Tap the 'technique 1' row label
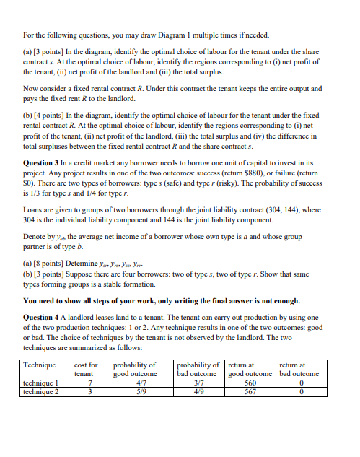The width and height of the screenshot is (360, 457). coord(42,383)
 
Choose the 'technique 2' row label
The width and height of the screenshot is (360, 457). coord(42,392)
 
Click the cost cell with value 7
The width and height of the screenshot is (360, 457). coord(87,383)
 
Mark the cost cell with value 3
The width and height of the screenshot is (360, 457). coord(87,392)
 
